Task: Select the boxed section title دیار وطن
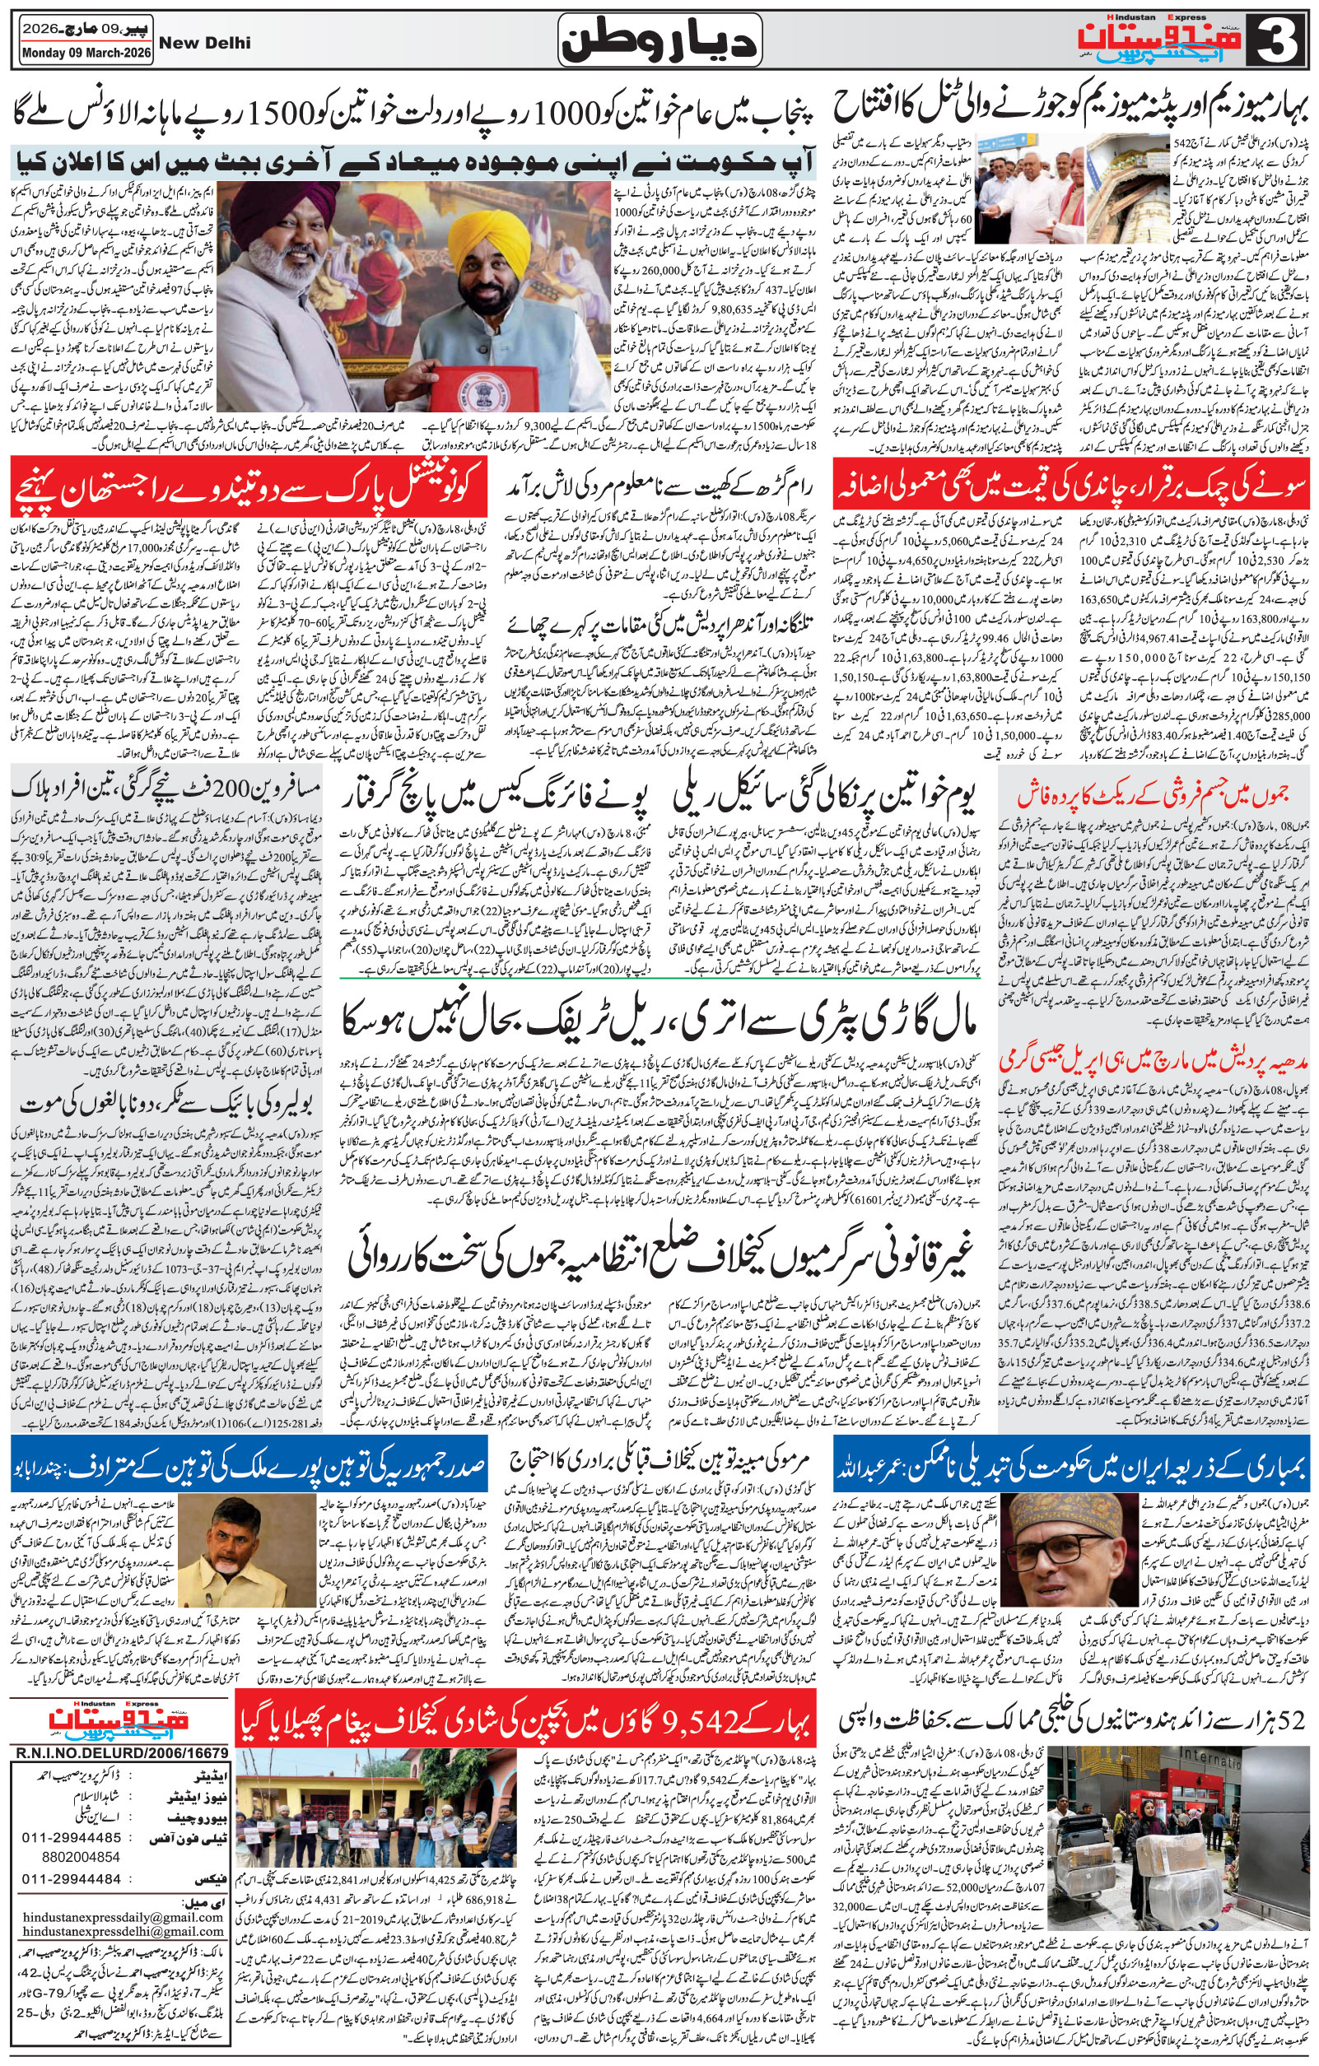[660, 41]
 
